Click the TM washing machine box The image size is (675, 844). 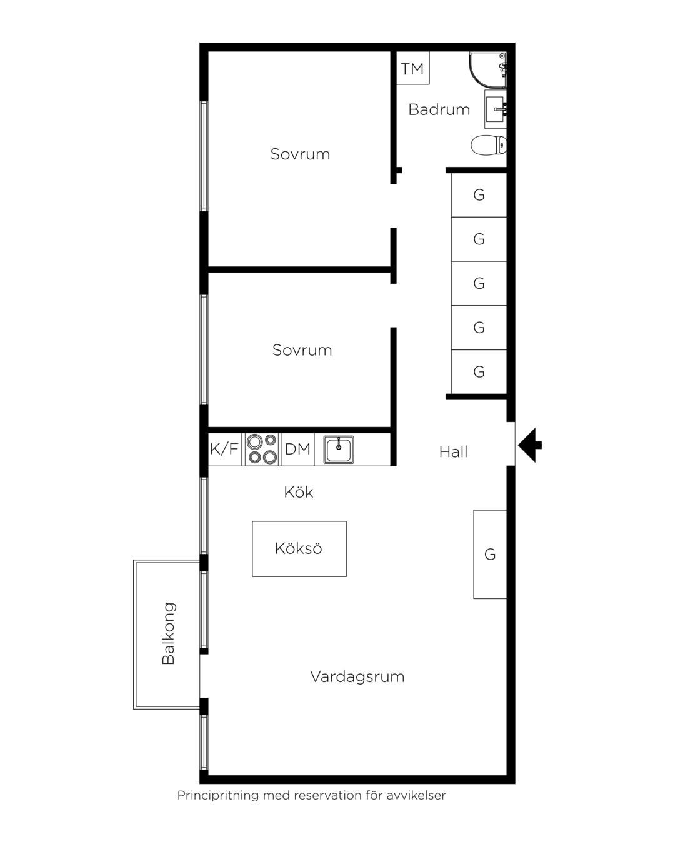(412, 68)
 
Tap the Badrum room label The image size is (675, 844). (439, 109)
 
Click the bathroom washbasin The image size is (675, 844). (496, 109)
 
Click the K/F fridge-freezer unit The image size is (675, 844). (224, 449)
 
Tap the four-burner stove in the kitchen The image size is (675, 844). (262, 449)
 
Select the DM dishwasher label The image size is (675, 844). (297, 449)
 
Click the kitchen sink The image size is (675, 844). (339, 450)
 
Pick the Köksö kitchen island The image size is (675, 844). (299, 549)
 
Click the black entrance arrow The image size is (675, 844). (529, 445)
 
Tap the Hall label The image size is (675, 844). (453, 452)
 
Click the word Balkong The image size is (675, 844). (168, 633)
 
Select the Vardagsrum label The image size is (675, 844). (357, 677)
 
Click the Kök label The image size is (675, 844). (299, 492)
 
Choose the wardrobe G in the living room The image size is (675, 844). (490, 554)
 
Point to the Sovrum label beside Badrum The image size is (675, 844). (300, 154)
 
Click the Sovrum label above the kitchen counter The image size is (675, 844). (302, 350)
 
